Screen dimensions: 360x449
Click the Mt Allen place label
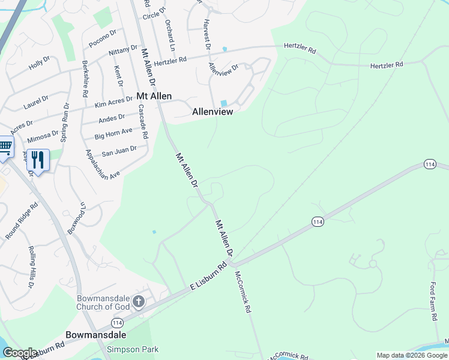click(x=154, y=96)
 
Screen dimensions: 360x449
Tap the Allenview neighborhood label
click(x=212, y=112)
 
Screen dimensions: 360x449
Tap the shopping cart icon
click(x=5, y=146)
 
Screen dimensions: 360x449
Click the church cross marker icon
click(x=139, y=301)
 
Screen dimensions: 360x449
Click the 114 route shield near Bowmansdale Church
click(x=117, y=322)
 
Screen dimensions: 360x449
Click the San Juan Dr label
click(x=119, y=149)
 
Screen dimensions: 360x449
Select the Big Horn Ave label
click(x=113, y=133)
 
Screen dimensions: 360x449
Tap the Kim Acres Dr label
click(x=113, y=103)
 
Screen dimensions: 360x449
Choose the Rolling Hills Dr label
click(x=29, y=267)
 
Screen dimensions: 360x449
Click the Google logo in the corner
click(x=20, y=353)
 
